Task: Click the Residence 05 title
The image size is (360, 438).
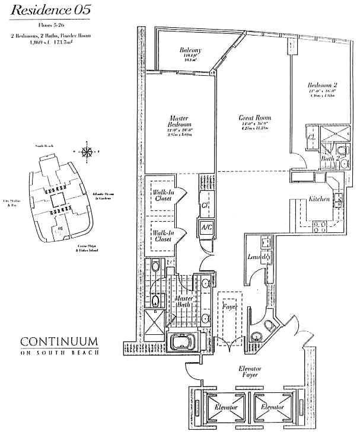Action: click(46, 9)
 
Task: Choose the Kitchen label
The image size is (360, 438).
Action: click(319, 199)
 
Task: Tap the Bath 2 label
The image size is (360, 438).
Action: click(330, 158)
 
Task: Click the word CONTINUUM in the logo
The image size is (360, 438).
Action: click(59, 342)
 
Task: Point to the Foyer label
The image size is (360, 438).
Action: click(228, 308)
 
